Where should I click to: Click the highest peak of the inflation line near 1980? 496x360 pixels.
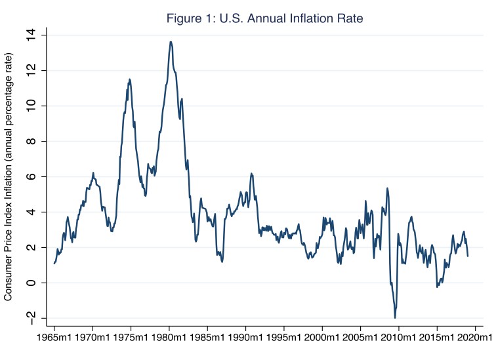[171, 42]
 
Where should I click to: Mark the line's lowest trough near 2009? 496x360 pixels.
[395, 317]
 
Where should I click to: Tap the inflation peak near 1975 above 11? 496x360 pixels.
[129, 79]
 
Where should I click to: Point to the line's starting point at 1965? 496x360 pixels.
[54, 263]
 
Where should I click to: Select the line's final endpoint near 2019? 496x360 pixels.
[468, 256]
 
